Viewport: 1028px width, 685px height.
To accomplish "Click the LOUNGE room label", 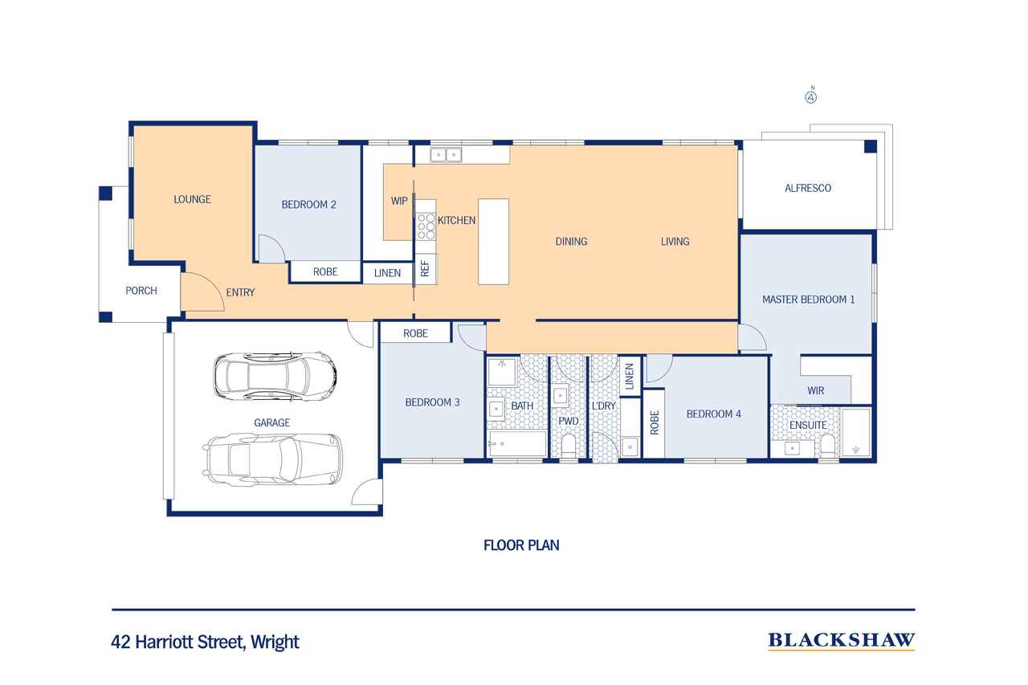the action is [x=192, y=199].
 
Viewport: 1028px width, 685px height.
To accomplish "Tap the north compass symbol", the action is [x=811, y=96].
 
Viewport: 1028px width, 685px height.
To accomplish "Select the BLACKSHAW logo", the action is [x=841, y=641].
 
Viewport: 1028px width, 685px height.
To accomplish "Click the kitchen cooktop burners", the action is [x=426, y=226].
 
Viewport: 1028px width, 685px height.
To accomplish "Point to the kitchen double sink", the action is [x=446, y=155].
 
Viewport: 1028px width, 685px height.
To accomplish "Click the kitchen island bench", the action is [x=493, y=242].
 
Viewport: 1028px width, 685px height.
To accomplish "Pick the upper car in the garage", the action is [x=275, y=376].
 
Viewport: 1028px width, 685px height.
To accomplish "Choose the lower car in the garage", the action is [x=272, y=459].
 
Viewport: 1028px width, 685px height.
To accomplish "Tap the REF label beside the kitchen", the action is [x=425, y=268].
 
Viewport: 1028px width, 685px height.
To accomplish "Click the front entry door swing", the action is [x=202, y=292].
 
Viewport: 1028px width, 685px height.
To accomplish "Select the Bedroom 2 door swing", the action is [x=271, y=249].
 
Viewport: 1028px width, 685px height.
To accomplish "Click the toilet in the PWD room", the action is [x=569, y=446].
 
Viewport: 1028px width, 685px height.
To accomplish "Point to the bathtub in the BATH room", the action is [x=517, y=443].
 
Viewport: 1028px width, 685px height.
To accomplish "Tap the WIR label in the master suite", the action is [x=815, y=391].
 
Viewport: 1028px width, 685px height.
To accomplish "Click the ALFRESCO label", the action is [x=808, y=188].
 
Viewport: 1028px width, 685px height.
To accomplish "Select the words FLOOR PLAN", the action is [x=521, y=545].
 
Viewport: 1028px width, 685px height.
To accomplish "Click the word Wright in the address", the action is [x=275, y=642].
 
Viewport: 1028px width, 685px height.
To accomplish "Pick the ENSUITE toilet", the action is [x=828, y=446].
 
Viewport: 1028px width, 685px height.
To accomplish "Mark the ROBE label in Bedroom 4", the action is [x=655, y=422].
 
